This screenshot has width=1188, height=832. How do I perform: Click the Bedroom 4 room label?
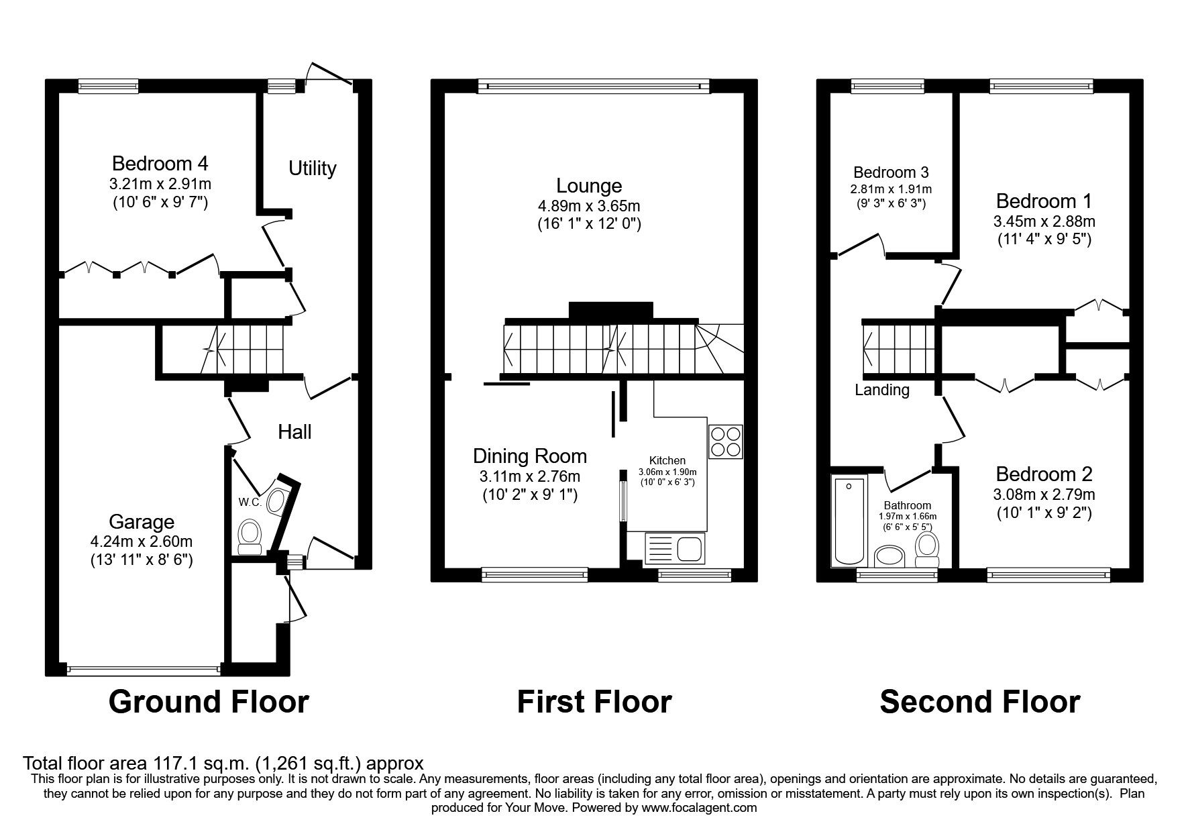coord(160,163)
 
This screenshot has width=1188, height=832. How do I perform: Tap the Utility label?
coord(312,168)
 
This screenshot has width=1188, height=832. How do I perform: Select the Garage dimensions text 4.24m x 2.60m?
coord(142,541)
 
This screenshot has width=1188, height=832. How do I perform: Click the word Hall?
coord(294,432)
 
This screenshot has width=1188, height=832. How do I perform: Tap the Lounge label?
coord(589,185)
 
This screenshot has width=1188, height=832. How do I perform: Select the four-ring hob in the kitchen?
coord(726,440)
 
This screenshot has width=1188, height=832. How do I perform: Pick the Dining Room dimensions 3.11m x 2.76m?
coord(529,477)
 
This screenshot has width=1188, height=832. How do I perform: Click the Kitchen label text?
coord(668,460)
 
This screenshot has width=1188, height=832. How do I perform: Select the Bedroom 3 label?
coord(891,173)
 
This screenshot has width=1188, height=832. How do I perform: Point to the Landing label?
coord(881,390)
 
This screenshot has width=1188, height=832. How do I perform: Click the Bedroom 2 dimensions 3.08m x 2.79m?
coord(1044,495)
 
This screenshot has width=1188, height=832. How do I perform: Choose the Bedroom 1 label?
coord(1043,201)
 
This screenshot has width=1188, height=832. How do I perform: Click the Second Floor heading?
coord(979,702)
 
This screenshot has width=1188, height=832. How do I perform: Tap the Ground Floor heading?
coord(208,702)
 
